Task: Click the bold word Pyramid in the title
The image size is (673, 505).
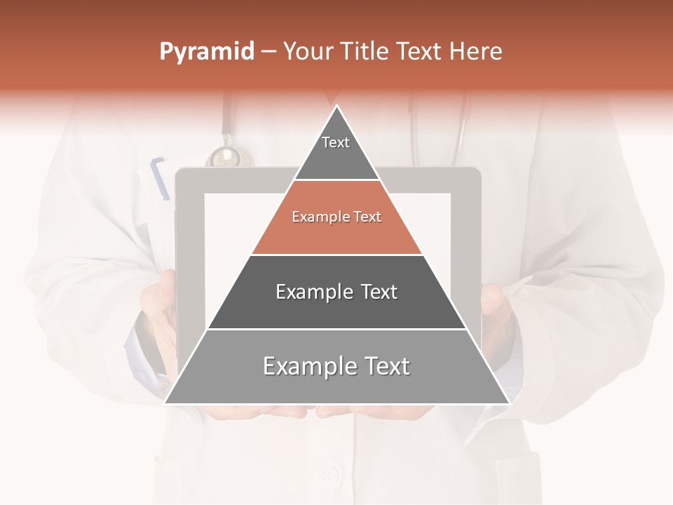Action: pos(206,52)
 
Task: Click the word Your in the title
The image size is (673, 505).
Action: pos(307,52)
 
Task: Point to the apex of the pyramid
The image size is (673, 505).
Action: pos(337,107)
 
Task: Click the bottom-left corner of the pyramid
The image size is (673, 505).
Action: pos(165,403)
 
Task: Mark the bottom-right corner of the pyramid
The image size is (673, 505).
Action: pos(508,403)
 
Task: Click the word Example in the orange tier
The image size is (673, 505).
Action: pos(319,217)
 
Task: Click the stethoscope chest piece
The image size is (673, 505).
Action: pos(224,157)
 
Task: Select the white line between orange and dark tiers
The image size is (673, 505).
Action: pos(336,255)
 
